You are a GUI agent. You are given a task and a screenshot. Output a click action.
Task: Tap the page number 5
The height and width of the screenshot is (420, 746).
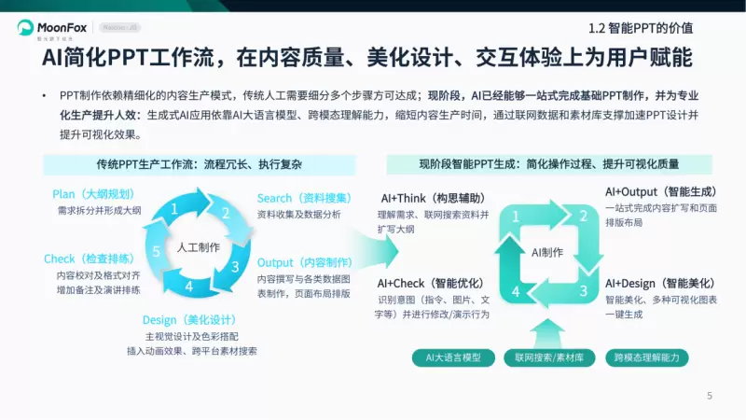coord(710,396)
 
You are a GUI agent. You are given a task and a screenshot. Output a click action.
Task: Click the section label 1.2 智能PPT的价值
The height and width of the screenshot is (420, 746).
coord(646,28)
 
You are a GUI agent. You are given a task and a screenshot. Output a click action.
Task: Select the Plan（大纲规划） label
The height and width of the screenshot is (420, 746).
coord(93,194)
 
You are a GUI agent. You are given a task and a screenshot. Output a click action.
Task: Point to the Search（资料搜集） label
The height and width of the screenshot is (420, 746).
coord(303,198)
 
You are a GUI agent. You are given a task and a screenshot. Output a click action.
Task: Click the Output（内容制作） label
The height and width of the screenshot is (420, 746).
coord(304,262)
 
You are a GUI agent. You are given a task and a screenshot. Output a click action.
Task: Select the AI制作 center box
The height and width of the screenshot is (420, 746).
coord(547,252)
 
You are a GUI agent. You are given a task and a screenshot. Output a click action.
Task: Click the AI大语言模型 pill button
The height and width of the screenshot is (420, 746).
coord(453,357)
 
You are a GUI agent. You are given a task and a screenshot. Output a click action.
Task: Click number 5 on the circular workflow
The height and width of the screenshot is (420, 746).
coord(157,252)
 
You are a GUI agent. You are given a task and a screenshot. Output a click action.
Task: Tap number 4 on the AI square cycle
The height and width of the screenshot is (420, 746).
coord(515,291)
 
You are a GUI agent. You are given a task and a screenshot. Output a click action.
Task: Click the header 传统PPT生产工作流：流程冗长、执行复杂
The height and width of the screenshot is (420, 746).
coord(200,164)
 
